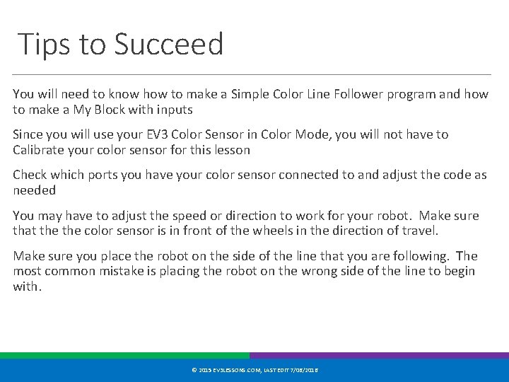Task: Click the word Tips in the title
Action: (43, 44)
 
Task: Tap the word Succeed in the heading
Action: (168, 44)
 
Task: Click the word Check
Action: (30, 175)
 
